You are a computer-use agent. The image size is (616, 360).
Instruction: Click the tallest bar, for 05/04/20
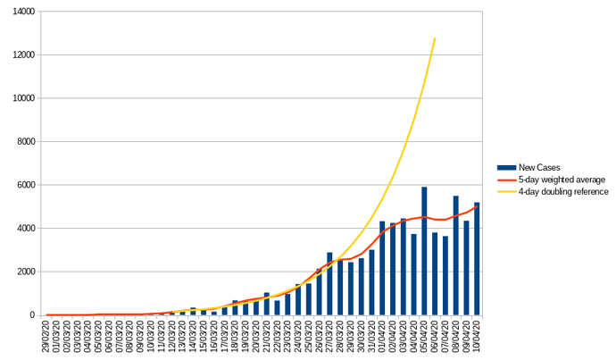(x=424, y=251)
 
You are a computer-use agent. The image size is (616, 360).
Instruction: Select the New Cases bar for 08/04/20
(x=455, y=255)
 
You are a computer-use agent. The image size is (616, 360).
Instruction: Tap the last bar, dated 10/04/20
(x=477, y=259)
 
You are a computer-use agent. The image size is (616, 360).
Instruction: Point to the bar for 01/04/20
(x=382, y=268)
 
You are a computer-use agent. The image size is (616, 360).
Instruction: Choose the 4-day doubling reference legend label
(x=563, y=191)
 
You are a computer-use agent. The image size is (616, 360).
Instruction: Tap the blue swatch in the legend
(x=506, y=167)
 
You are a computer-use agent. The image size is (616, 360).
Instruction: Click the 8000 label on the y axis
(x=24, y=141)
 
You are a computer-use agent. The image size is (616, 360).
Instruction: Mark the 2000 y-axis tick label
(x=24, y=272)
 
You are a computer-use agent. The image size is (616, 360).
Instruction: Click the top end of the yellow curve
(x=435, y=38)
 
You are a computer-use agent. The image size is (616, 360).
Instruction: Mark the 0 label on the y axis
(x=32, y=314)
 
